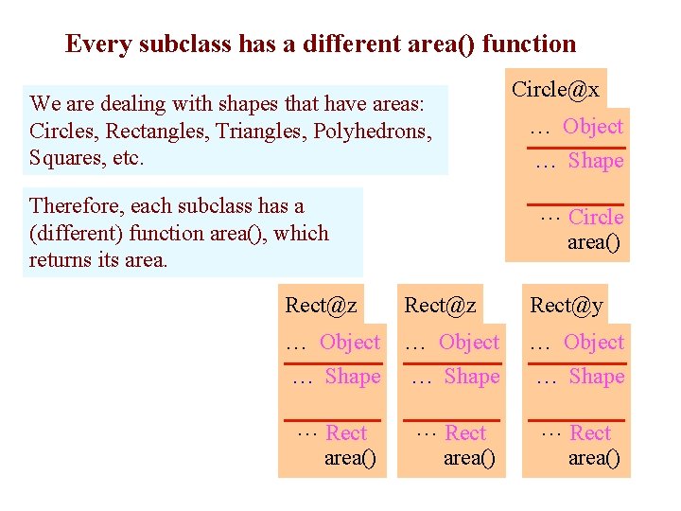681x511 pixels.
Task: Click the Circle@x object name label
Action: tap(555, 90)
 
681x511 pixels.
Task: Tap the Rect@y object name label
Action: tap(566, 305)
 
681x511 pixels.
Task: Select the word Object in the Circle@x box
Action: tap(593, 127)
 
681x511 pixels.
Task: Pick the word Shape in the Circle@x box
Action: tap(596, 161)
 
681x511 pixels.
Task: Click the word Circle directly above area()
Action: tap(596, 218)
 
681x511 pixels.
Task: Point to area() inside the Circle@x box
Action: tap(594, 243)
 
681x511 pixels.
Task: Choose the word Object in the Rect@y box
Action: tap(594, 343)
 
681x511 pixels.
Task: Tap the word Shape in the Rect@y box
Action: tap(597, 377)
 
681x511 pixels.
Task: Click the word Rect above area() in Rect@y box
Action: tap(591, 433)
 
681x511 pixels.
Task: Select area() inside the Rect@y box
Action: tap(594, 459)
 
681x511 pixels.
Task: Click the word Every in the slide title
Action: tap(100, 44)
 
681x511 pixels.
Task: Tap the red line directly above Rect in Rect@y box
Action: tap(576, 419)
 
